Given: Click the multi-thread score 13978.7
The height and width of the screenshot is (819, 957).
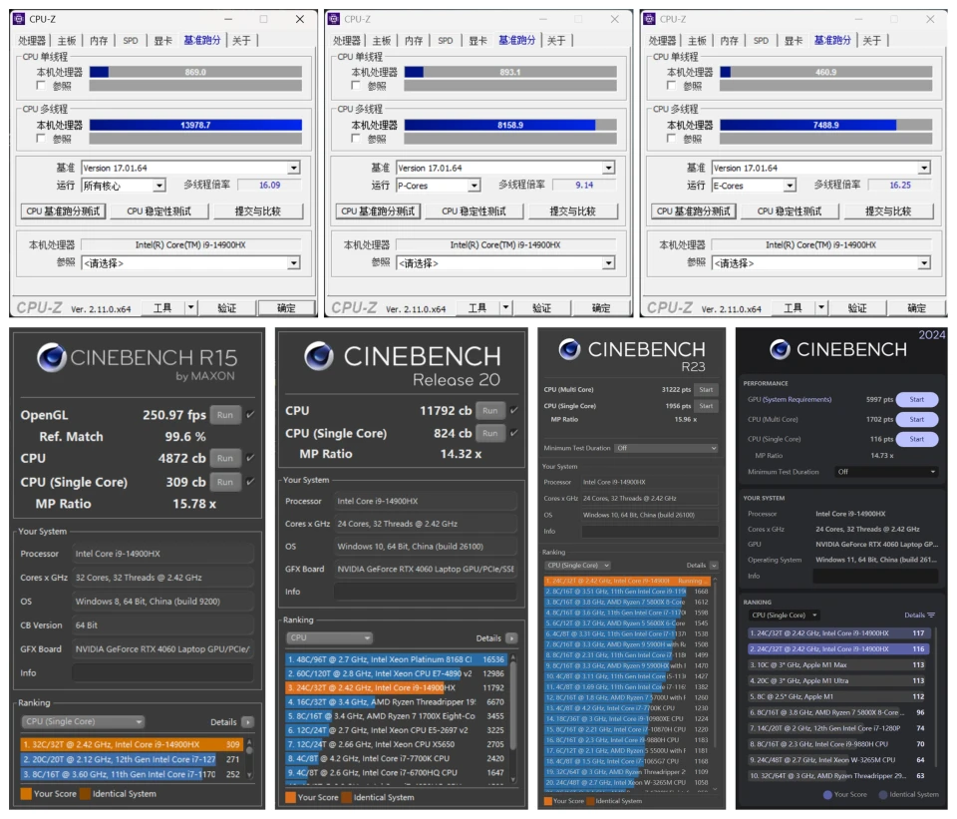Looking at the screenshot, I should tap(195, 125).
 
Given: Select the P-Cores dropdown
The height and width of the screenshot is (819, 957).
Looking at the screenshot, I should tap(439, 186).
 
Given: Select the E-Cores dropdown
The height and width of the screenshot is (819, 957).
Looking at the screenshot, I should tap(754, 186).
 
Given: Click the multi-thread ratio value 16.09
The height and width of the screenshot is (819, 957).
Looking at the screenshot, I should tap(269, 186).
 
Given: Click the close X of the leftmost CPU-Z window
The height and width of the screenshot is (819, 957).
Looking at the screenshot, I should tap(300, 19).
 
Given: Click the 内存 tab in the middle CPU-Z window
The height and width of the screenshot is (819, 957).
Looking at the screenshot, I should tap(414, 41).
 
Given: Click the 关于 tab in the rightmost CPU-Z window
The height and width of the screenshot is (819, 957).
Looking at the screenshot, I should tap(871, 41).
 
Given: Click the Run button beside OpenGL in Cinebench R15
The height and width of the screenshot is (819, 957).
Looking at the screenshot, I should tap(225, 415).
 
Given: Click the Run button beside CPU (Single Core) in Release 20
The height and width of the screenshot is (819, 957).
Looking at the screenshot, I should tap(488, 433).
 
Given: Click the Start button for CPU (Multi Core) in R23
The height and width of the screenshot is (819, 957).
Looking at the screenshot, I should tap(706, 389).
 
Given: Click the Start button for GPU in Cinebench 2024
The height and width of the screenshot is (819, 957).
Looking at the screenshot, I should tap(916, 399).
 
